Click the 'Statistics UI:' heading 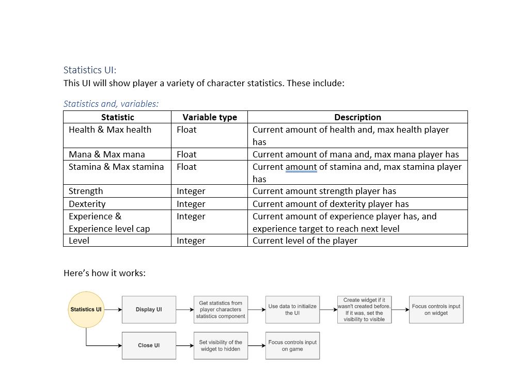click(90, 70)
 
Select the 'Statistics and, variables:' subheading click(111, 104)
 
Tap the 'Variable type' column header click(210, 117)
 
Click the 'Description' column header click(357, 117)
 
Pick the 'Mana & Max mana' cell click(107, 154)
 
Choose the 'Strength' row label click(86, 191)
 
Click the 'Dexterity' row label click(87, 204)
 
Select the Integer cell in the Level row click(191, 241)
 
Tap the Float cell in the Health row click(186, 130)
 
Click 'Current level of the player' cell click(305, 241)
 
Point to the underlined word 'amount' click(301, 167)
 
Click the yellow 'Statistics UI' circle click(86, 310)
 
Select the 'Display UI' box click(149, 310)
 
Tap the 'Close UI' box click(149, 345)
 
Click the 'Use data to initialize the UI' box click(292, 310)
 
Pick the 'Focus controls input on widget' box click(436, 310)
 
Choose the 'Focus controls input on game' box click(292, 345)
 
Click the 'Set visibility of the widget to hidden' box click(221, 345)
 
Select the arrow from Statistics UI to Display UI click(113, 310)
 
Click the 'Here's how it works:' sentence click(104, 273)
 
